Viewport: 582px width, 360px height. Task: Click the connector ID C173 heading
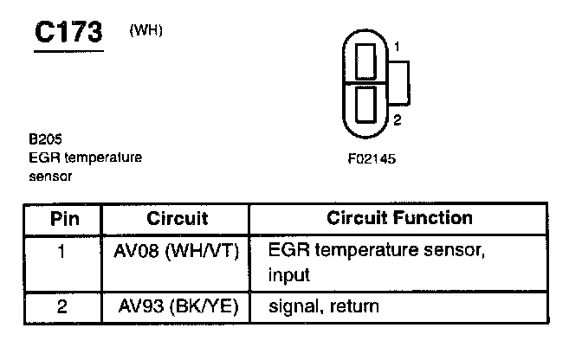(x=68, y=32)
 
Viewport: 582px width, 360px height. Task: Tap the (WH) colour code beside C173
(x=145, y=30)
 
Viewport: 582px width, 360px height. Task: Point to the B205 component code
(x=45, y=139)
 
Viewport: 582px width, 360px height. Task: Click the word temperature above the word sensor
(x=103, y=157)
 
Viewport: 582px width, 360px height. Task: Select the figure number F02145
(x=372, y=159)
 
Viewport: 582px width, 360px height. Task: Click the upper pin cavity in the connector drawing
(x=365, y=61)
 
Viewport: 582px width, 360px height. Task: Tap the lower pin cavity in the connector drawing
(x=365, y=105)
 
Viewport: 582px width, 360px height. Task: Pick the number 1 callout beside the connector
(x=398, y=47)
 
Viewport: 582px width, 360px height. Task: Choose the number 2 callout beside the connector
(x=398, y=120)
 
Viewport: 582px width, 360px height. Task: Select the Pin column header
(x=65, y=219)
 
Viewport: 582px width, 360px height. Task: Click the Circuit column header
(x=177, y=218)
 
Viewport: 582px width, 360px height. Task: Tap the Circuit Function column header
(x=399, y=218)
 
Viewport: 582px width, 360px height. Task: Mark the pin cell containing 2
(x=62, y=306)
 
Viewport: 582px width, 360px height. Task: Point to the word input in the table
(x=288, y=275)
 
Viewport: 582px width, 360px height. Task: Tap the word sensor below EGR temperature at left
(x=50, y=177)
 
